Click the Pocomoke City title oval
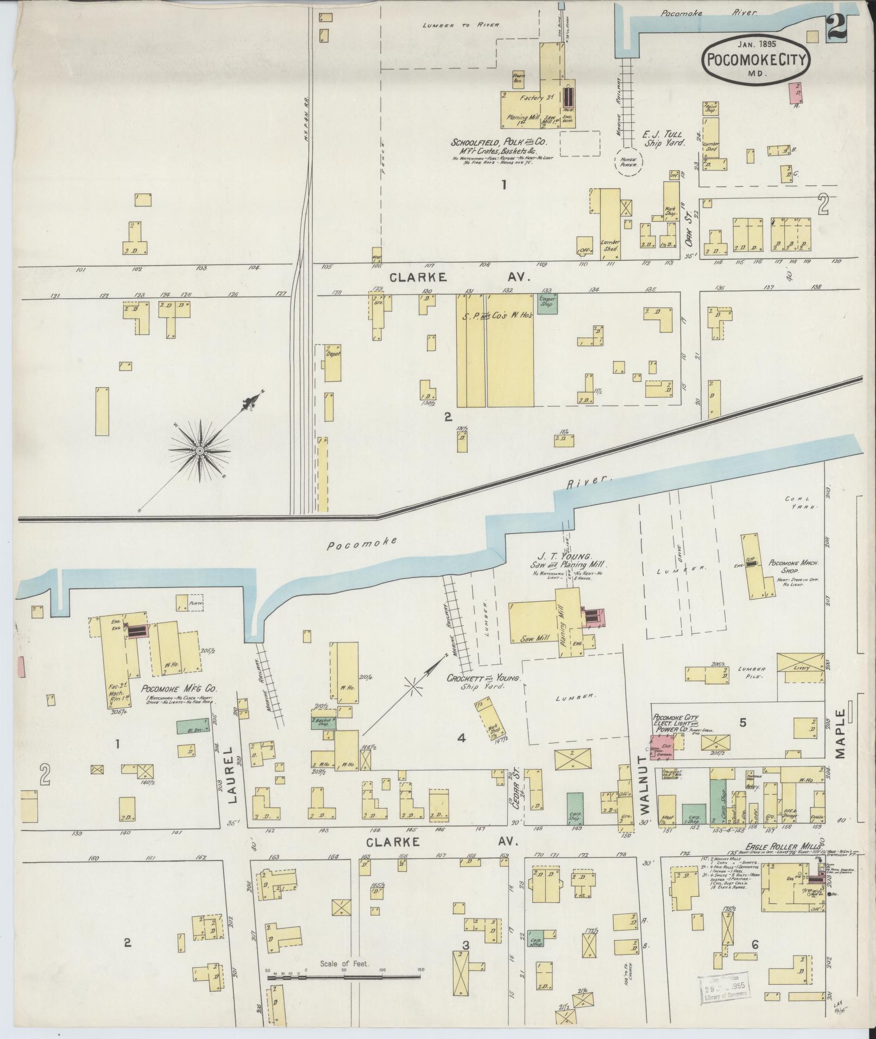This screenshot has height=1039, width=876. coord(758,60)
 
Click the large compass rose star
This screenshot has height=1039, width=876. coord(200,451)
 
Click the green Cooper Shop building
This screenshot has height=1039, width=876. coord(546,302)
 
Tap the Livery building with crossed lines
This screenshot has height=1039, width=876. coord(801,668)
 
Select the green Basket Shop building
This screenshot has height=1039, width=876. coord(324,723)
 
